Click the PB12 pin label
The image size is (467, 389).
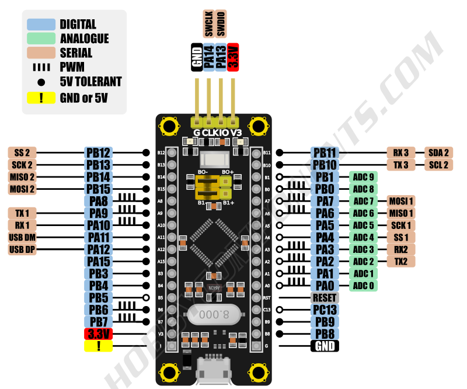[x=98, y=152]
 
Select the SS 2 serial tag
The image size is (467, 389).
[x=23, y=152]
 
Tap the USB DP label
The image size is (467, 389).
[x=23, y=249]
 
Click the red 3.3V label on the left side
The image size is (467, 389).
[x=98, y=335]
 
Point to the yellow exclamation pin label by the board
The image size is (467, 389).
[x=98, y=346]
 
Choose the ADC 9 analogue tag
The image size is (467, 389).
[x=363, y=177]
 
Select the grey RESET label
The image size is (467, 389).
[x=325, y=297]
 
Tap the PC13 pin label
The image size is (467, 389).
[x=325, y=310]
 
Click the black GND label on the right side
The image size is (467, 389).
[x=325, y=346]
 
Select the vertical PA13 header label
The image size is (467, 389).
[x=221, y=57]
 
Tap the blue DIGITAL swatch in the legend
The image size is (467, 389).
[x=40, y=25]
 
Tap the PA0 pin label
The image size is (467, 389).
[x=325, y=286]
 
